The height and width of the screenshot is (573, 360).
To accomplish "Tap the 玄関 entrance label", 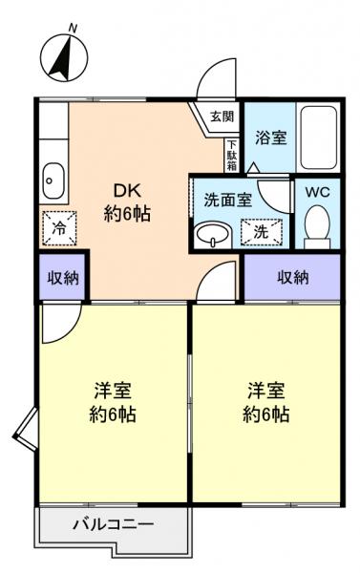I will click(x=221, y=117).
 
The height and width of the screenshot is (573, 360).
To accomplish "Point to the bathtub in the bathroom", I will click(x=319, y=138).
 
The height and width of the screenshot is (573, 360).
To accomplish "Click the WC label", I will click(x=315, y=190).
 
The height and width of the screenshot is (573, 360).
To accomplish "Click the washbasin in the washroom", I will click(x=211, y=234).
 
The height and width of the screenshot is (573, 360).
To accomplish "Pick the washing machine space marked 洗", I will click(x=260, y=230).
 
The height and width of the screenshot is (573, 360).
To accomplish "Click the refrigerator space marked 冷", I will click(x=57, y=228).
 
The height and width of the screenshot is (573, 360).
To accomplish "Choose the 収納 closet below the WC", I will click(x=292, y=277).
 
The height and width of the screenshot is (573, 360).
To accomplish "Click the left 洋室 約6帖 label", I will click(x=113, y=402).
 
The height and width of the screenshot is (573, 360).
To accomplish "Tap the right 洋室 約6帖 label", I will click(x=268, y=402).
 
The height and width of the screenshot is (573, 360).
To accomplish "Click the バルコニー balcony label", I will click(x=114, y=524).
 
